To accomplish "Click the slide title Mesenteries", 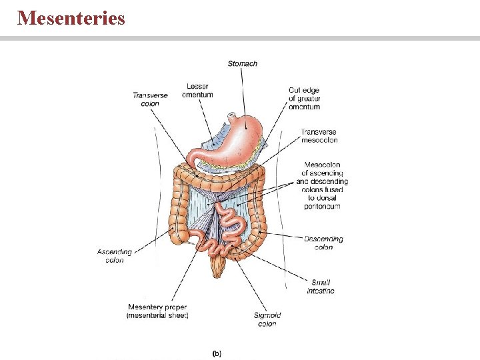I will click(x=71, y=17).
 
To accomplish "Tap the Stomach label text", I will click(x=242, y=64).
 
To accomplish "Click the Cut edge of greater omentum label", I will click(x=304, y=98).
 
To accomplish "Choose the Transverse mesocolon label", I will click(x=319, y=136).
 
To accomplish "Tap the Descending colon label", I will click(x=323, y=243).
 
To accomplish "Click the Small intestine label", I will click(x=321, y=287).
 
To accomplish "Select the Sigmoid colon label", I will click(x=267, y=319).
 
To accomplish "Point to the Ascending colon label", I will click(x=115, y=256).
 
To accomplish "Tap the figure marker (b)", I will click(x=216, y=353).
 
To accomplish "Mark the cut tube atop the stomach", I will click(x=231, y=117).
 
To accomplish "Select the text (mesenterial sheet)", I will click(x=157, y=315).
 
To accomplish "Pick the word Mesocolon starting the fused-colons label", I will click(x=322, y=165).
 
